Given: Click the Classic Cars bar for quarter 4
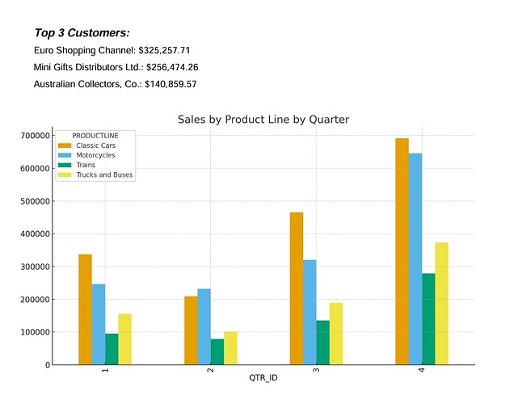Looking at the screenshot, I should [402, 251].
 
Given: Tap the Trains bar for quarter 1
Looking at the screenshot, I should [112, 349].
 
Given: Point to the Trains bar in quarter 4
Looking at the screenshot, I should [428, 319].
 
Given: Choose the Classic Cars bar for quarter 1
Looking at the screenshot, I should [85, 309].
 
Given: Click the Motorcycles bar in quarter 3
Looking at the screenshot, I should [309, 312].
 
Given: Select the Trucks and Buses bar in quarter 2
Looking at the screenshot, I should [230, 348].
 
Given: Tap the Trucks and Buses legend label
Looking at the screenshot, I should [104, 175].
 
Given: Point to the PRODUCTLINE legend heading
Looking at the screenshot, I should [95, 135].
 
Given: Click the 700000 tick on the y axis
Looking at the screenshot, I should [36, 136].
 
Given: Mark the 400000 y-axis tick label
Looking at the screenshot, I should [36, 234].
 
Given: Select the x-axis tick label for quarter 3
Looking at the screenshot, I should [316, 371].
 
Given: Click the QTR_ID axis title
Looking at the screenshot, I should [263, 377].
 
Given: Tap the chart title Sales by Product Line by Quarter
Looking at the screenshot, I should [263, 120].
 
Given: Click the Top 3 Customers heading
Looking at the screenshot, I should [82, 33].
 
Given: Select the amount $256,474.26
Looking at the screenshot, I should [172, 67].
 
